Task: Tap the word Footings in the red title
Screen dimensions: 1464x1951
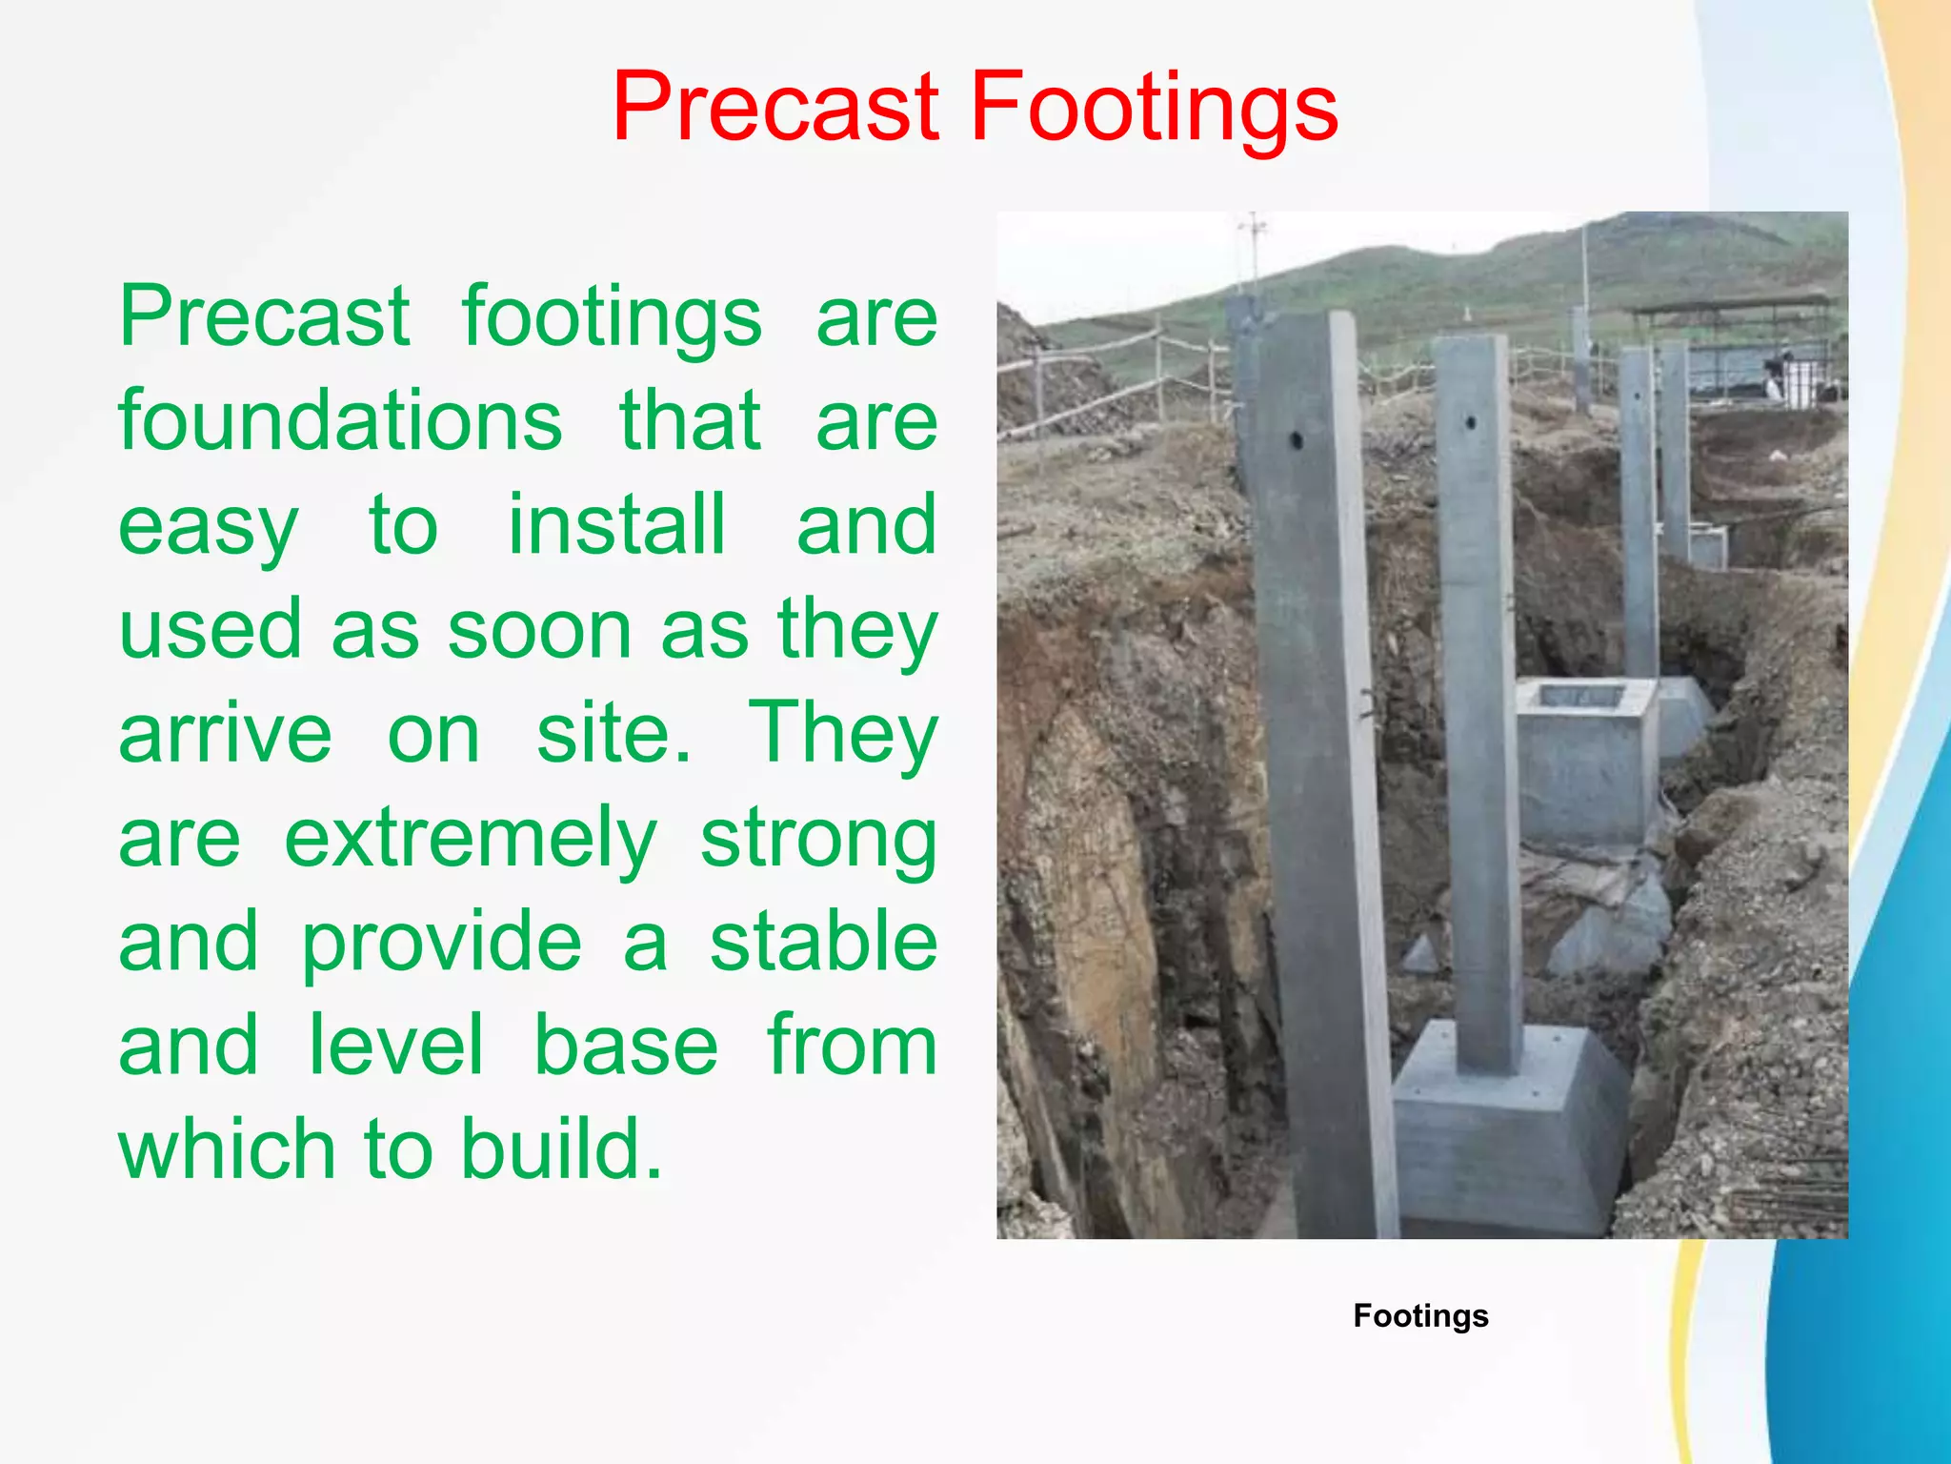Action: (x=1154, y=107)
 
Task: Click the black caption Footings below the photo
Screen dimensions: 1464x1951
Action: (x=1420, y=1315)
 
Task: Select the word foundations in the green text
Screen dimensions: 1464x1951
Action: (x=340, y=421)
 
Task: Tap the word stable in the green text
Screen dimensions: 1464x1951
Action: (x=823, y=942)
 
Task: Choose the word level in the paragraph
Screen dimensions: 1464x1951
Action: (x=396, y=1046)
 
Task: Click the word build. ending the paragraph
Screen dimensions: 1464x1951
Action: (x=561, y=1149)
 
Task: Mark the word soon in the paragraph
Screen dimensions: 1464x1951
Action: (x=539, y=630)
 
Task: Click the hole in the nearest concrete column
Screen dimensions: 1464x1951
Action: (x=1297, y=440)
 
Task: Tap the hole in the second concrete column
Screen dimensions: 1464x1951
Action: (x=1471, y=421)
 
